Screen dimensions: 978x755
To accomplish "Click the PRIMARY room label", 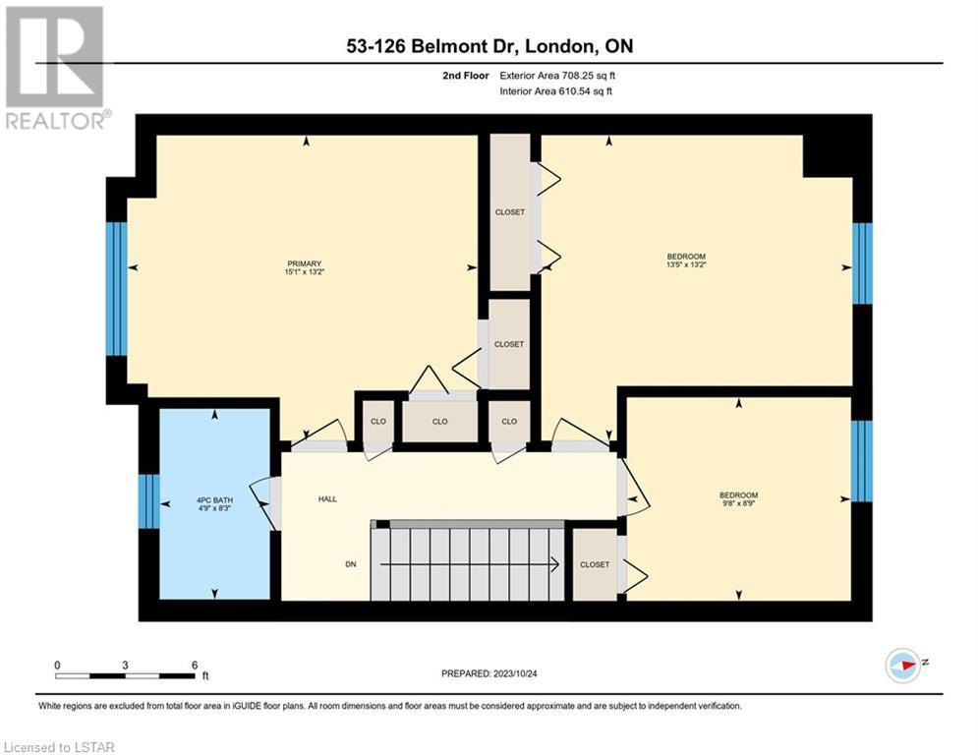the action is pos(305,263).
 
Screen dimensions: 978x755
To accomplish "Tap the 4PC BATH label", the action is pos(214,500).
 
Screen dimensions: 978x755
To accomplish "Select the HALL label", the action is pos(327,499).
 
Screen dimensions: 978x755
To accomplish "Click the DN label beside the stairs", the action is pos(351,564).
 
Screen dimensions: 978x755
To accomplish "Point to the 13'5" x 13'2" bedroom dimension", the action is pos(686,264).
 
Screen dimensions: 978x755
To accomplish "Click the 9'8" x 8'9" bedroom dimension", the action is pos(738,503).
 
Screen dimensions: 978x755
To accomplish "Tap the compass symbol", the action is pos(903,665).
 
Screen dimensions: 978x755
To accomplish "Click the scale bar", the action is pos(126,675).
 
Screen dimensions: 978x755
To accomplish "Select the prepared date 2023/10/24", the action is pos(515,673).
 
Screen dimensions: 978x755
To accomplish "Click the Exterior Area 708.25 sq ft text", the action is pos(557,76).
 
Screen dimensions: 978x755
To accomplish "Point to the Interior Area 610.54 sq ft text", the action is pos(555,91).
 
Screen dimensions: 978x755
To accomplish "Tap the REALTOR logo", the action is pos(55,68).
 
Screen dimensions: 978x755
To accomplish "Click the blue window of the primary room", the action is pos(117,289).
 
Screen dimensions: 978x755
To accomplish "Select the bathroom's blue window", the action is pos(149,501).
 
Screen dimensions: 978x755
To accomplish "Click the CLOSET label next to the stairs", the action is pos(595,564).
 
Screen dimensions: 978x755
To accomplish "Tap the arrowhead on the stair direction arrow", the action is pos(554,564).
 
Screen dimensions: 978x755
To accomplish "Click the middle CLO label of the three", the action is pos(439,421).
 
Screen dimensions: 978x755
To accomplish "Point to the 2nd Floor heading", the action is pos(465,76).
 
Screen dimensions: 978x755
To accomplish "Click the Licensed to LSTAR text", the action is pos(59,747).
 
